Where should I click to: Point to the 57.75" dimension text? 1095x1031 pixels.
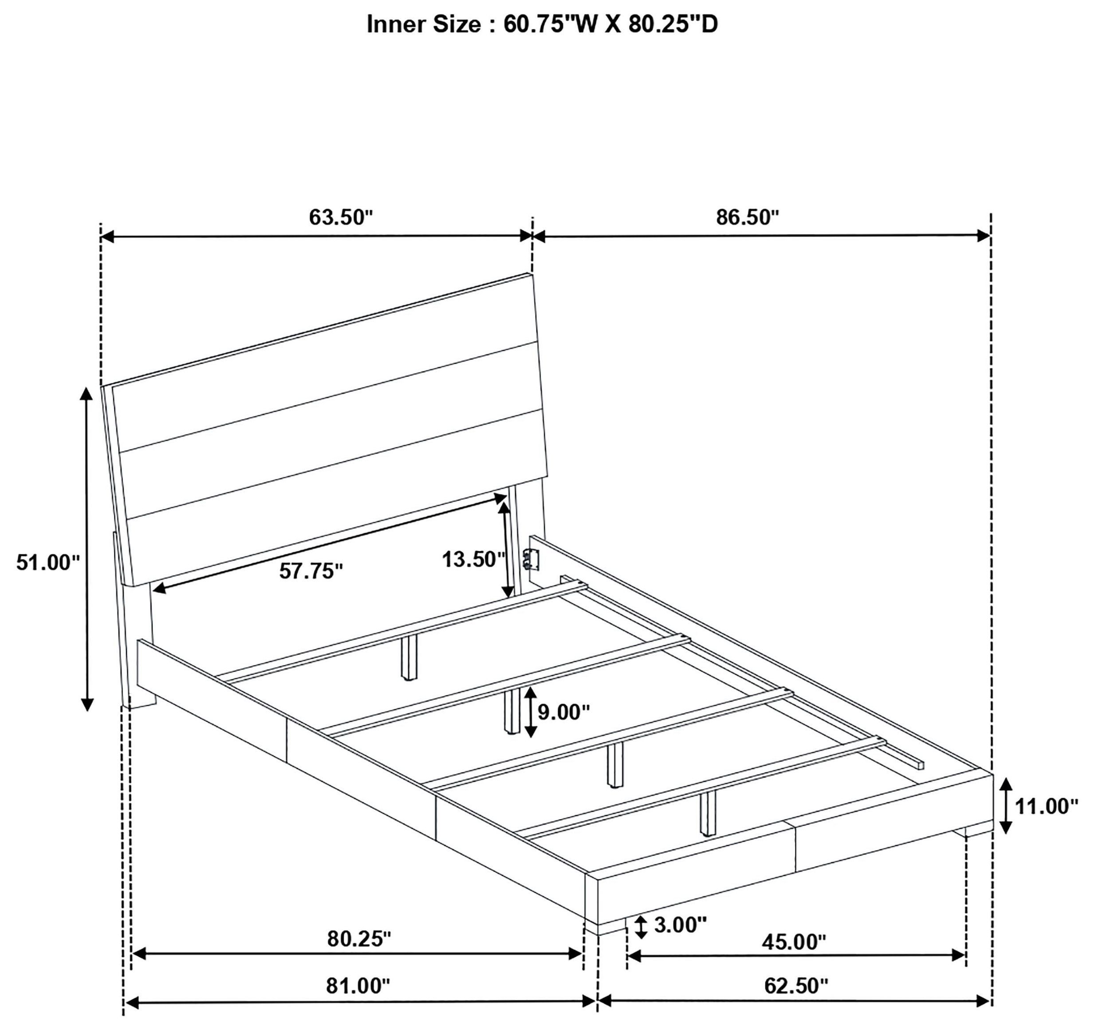pos(311,571)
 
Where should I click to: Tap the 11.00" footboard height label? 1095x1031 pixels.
pos(1047,807)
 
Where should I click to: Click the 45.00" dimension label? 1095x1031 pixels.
pos(794,942)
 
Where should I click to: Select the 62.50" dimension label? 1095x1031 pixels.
pos(796,986)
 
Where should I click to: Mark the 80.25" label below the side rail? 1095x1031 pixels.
pos(358,939)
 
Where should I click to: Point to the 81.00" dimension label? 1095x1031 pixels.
pos(358,986)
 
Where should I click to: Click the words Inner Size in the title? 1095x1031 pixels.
pos(424,25)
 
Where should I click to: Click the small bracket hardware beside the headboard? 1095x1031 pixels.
pos(531,559)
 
